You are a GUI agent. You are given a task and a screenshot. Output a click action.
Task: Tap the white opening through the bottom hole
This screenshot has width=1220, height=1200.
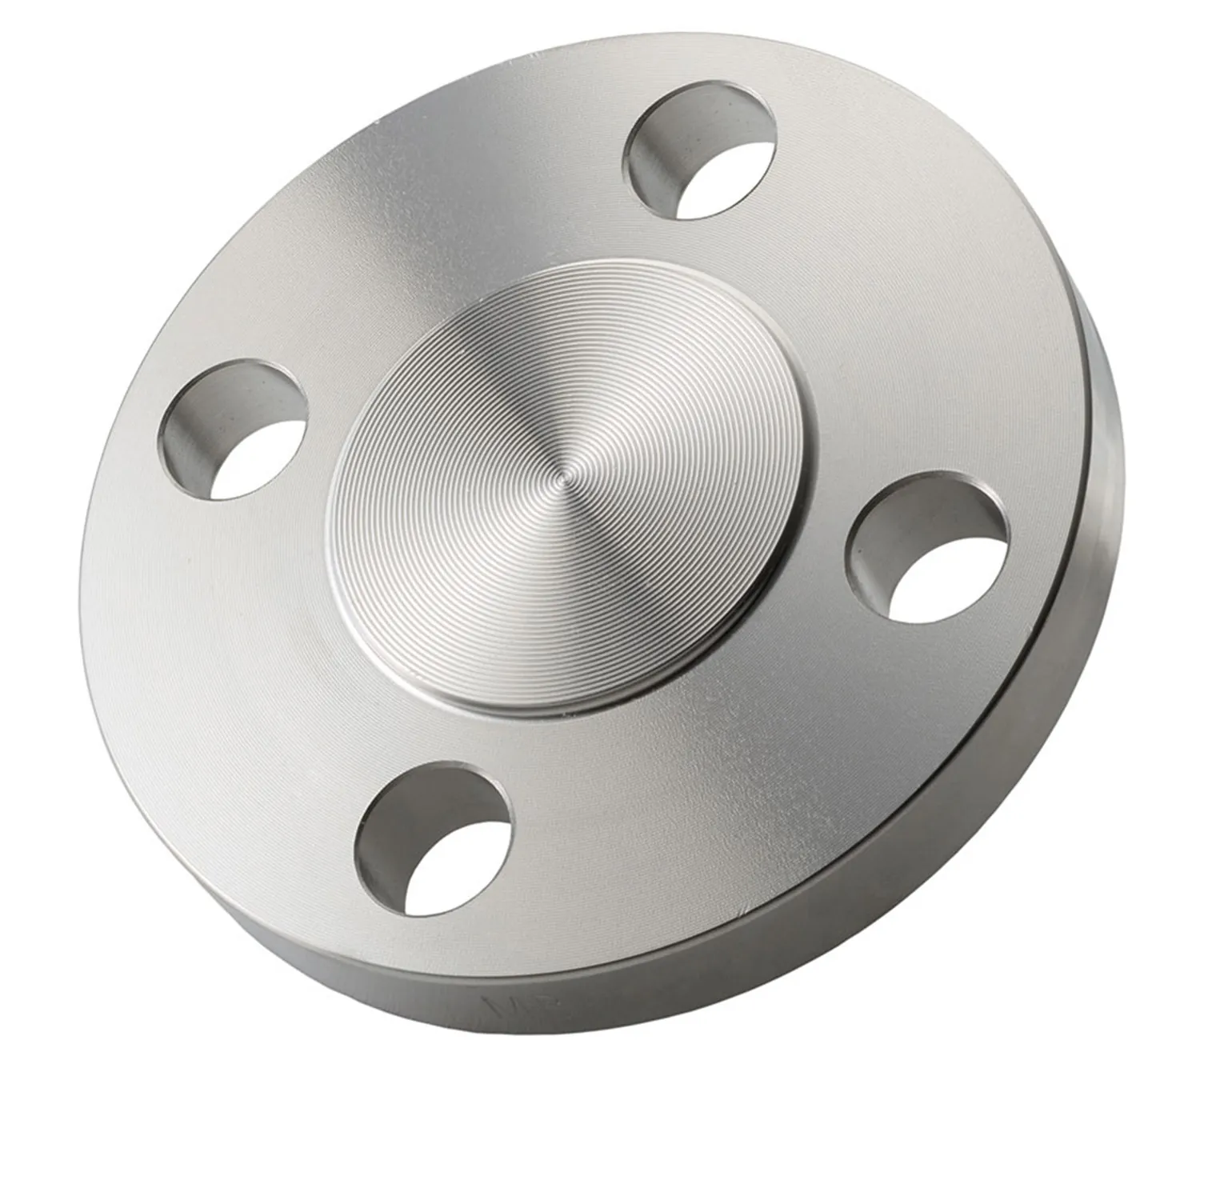(x=452, y=872)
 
